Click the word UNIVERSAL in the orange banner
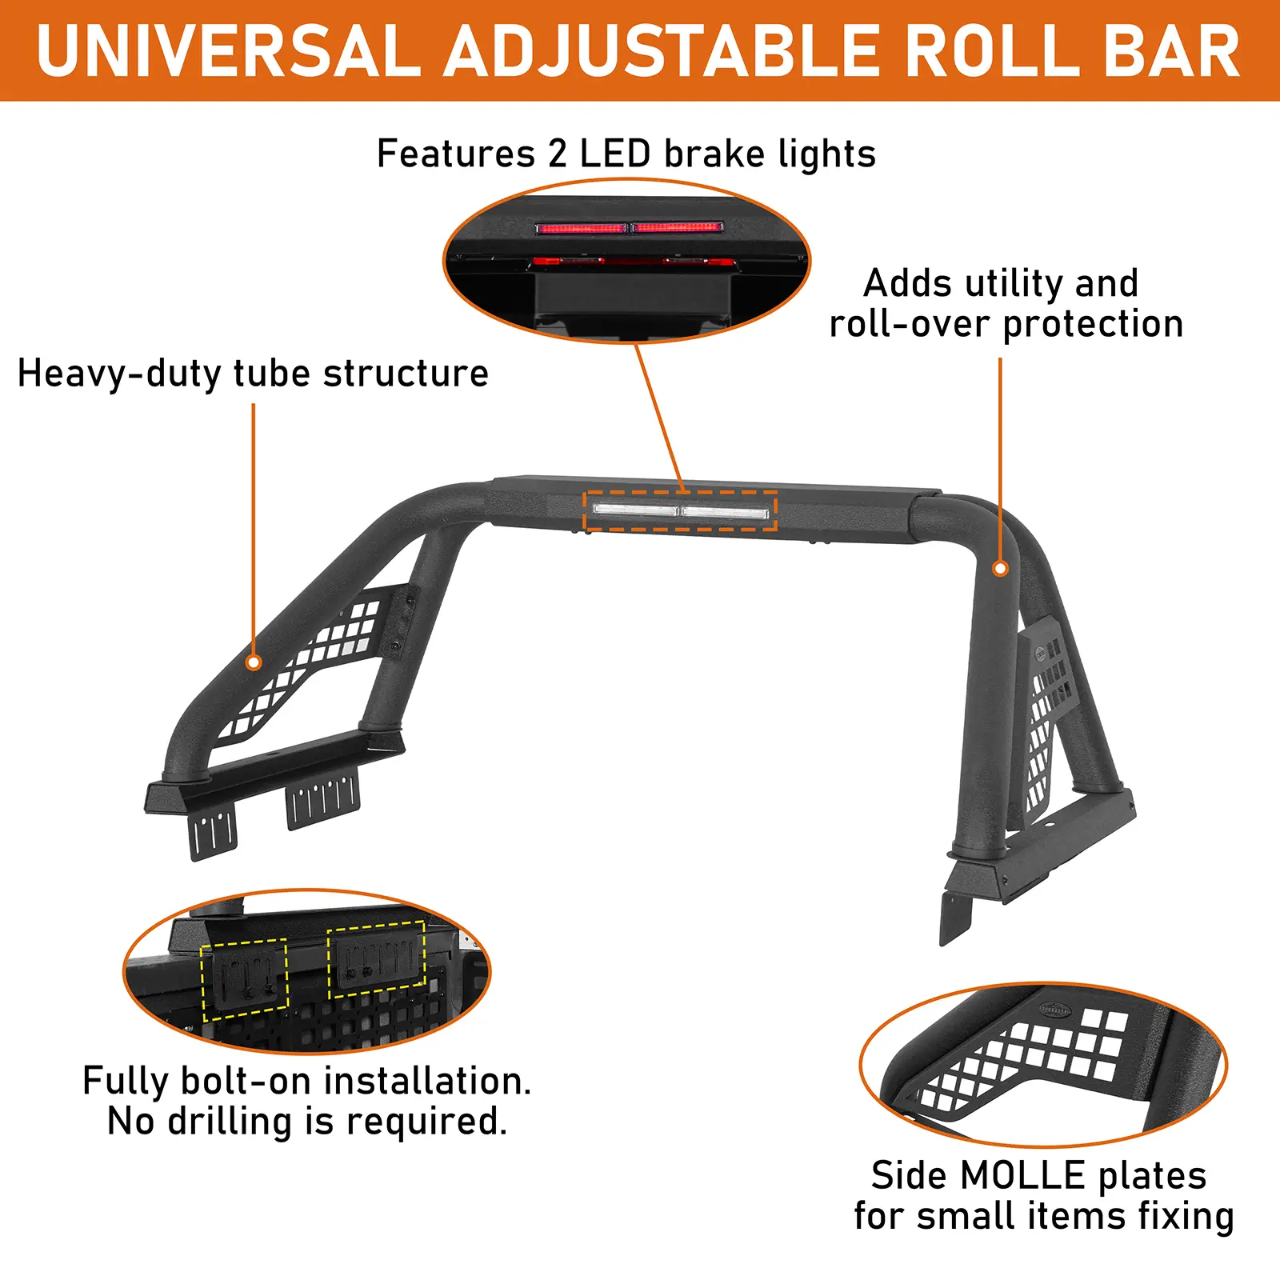pyautogui.click(x=228, y=51)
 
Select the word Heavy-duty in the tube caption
pyautogui.click(x=119, y=374)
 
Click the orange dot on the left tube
pyautogui.click(x=254, y=662)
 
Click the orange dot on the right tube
pyautogui.click(x=1000, y=569)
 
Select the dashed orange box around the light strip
pyautogui.click(x=681, y=511)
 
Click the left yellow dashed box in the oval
pyautogui.click(x=244, y=980)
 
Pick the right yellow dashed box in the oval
pyautogui.click(x=376, y=959)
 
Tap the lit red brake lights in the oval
pyautogui.click(x=630, y=228)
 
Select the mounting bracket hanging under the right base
pyautogui.click(x=954, y=916)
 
